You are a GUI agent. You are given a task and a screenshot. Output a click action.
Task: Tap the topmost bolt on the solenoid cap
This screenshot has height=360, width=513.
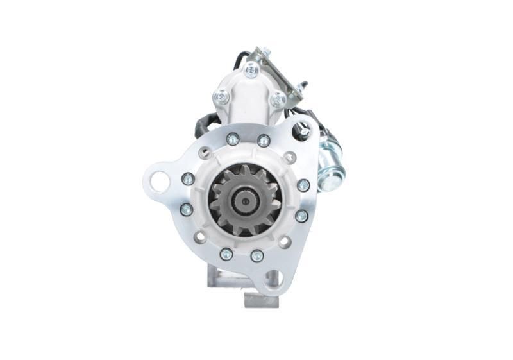pos(251,69)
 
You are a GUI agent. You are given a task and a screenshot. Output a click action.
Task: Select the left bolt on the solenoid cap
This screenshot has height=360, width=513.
pos(221,97)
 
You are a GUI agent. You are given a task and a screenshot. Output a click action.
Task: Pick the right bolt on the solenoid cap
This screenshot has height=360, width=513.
pos(277,99)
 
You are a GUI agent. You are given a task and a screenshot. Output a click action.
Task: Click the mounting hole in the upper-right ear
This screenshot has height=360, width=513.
pos(303,130)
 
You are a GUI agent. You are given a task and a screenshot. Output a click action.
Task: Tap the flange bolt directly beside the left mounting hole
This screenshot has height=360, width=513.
pos(188,179)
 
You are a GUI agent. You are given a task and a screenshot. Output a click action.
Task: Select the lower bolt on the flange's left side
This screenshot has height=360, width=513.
pos(187,209)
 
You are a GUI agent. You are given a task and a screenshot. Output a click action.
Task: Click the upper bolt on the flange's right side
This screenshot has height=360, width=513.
pos(303,185)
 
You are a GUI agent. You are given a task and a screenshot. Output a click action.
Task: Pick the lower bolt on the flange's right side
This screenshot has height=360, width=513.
pos(301,216)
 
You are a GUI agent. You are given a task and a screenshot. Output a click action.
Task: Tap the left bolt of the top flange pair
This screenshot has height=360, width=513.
pos(233,139)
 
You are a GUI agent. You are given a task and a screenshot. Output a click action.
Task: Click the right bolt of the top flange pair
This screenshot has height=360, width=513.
pos(264,141)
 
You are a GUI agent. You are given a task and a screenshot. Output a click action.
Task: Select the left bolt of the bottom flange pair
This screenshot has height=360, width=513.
pos(226,253)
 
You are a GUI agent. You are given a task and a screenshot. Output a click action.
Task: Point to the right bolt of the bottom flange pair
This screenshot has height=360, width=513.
pos(256,255)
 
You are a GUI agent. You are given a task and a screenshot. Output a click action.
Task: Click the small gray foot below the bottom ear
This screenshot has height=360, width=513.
pos(262,300)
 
